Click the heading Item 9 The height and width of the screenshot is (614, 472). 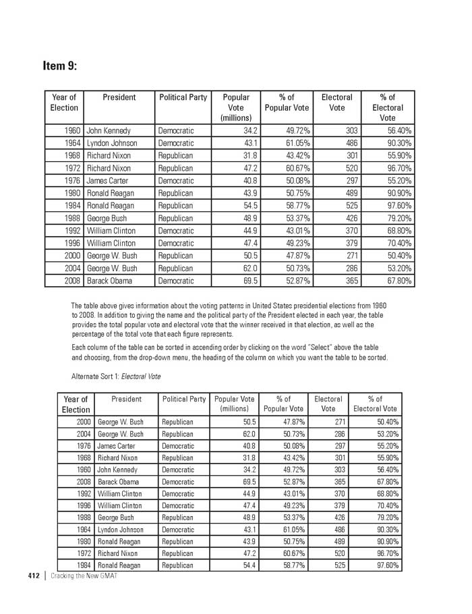pyautogui.click(x=59, y=65)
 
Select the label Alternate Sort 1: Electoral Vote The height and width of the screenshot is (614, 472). pyautogui.click(x=116, y=376)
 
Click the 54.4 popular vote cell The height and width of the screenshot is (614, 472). pyautogui.click(x=247, y=565)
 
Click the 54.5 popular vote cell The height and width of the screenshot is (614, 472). pyautogui.click(x=247, y=206)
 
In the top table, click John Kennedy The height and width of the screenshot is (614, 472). pyautogui.click(x=109, y=130)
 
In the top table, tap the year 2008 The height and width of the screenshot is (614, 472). pyautogui.click(x=72, y=281)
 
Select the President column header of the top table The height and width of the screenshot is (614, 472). pyautogui.click(x=119, y=98)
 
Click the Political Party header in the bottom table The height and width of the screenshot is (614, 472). pyautogui.click(x=183, y=399)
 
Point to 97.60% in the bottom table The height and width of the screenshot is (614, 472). pyautogui.click(x=384, y=565)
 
